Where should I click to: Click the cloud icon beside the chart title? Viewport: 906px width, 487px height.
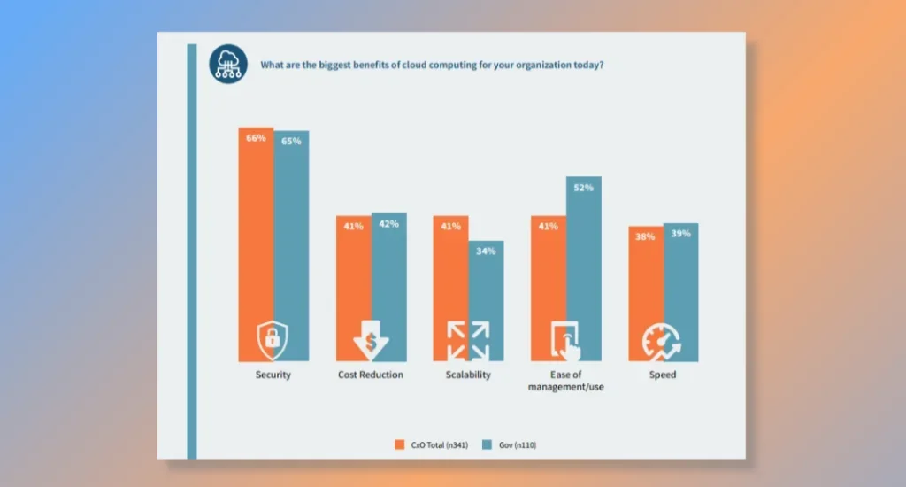(228, 65)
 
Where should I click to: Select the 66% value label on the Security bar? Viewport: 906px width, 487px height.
(256, 138)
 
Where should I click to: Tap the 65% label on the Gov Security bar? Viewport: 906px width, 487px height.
(291, 141)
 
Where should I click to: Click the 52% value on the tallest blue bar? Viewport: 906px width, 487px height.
(583, 188)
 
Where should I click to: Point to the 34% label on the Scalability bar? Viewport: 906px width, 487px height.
(486, 251)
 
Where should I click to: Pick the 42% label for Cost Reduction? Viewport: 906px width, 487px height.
(388, 224)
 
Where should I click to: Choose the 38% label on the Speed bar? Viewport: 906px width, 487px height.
(646, 236)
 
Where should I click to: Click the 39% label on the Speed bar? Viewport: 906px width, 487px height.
(681, 234)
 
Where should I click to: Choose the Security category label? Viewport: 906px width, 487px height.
(273, 375)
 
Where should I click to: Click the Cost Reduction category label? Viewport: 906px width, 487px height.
(371, 375)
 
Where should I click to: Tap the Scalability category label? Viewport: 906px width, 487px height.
(468, 375)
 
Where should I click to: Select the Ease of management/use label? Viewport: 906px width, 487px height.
(566, 381)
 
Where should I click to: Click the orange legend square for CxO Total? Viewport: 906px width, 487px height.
(398, 444)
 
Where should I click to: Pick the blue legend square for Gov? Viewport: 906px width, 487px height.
(486, 444)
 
